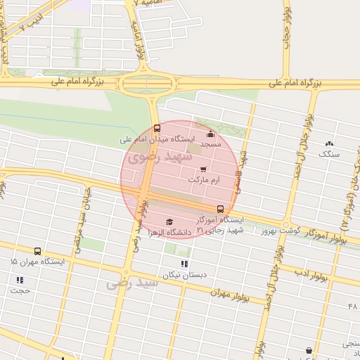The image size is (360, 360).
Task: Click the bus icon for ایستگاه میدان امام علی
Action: point(156,128)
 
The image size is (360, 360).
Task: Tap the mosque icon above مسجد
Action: point(210,134)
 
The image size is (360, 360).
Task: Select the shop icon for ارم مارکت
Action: point(203,169)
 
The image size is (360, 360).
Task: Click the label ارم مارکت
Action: point(204,180)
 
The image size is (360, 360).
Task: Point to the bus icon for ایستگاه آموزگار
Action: point(220,209)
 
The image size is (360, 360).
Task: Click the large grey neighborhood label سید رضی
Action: point(128,285)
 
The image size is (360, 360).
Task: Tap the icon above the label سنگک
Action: point(329,143)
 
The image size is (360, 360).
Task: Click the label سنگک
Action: point(329,153)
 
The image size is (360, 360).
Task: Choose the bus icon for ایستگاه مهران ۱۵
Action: point(37,251)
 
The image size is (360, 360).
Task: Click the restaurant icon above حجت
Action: point(20,280)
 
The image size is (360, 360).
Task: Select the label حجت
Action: point(20,290)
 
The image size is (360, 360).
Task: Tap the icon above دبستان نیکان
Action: point(184,264)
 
